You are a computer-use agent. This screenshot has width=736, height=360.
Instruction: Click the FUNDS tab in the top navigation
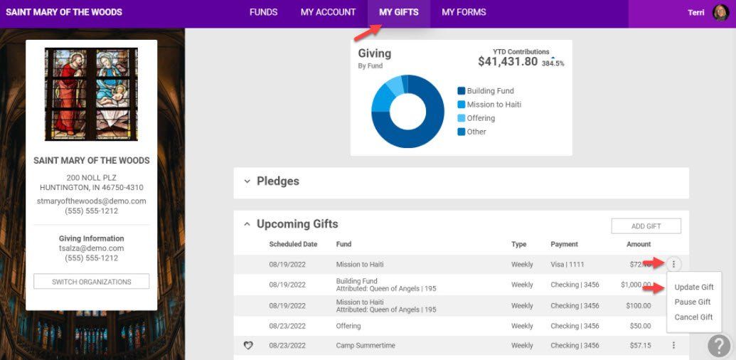tap(263, 12)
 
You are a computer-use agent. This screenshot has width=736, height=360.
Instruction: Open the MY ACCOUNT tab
tap(328, 12)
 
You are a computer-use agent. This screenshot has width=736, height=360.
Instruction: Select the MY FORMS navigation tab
tap(464, 12)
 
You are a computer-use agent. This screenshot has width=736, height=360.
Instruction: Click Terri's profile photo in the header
tap(720, 13)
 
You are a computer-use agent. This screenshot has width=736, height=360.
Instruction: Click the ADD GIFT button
tap(646, 226)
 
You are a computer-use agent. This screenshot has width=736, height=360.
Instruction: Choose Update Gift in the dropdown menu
tap(694, 287)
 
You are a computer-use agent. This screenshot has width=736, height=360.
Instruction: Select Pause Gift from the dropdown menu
tap(693, 302)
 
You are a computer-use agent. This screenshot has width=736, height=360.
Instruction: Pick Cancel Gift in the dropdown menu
tap(693, 317)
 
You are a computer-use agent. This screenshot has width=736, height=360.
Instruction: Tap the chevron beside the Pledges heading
tap(247, 181)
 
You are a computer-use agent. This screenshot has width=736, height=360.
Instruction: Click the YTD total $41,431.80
tap(508, 61)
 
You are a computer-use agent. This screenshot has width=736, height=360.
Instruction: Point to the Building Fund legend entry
tap(486, 91)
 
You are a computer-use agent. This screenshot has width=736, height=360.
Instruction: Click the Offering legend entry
tap(476, 118)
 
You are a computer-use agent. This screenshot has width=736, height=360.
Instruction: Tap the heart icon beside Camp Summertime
tap(248, 346)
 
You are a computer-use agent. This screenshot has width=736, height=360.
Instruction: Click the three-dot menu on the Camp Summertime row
tap(673, 346)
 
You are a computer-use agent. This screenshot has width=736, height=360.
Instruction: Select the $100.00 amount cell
tap(639, 306)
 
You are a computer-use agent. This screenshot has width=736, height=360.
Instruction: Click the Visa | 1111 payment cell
tap(567, 265)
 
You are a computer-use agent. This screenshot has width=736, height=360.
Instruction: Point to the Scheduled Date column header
tap(293, 244)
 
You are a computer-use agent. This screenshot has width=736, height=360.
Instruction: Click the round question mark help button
tap(719, 346)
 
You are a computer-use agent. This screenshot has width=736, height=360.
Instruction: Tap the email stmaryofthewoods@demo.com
tap(92, 201)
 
